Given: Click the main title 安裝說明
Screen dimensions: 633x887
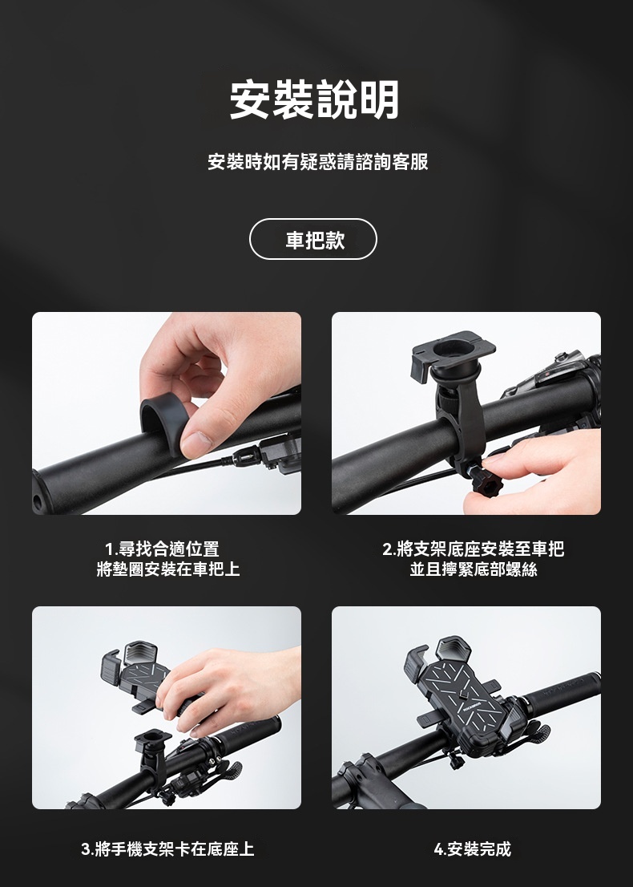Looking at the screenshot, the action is (x=314, y=99).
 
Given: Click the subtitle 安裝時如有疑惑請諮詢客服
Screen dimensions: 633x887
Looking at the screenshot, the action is (x=318, y=162).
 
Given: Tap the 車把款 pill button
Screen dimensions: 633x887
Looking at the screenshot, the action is (x=313, y=239).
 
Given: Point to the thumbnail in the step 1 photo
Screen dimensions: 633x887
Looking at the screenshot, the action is (x=196, y=444).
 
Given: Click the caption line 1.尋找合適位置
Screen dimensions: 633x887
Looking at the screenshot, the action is (x=162, y=549).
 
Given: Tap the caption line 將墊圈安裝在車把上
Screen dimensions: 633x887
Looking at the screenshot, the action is (x=168, y=569).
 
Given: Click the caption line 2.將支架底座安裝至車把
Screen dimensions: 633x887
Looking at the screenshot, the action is (x=473, y=549).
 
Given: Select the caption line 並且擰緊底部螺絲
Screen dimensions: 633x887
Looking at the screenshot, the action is (x=474, y=569).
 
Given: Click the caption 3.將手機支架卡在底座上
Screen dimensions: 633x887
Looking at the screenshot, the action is (x=167, y=849).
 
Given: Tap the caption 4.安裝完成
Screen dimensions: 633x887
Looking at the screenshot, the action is (x=473, y=849).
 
